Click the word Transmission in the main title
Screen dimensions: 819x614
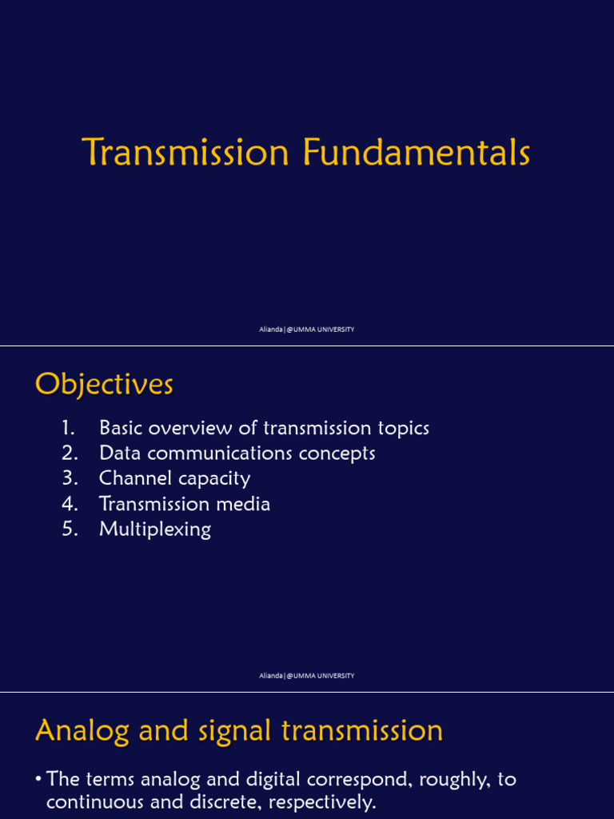[185, 153]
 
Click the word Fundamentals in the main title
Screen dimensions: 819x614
[417, 153]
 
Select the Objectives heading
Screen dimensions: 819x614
[104, 385]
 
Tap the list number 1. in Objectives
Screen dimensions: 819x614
[69, 428]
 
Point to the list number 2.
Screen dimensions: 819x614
[69, 453]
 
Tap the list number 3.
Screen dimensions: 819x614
[69, 478]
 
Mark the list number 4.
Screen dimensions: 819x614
[69, 504]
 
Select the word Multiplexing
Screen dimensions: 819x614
[155, 529]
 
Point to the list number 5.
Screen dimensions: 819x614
[69, 529]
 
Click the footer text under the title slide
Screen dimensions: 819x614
[306, 330]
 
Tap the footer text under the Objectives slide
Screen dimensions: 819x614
[306, 676]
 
